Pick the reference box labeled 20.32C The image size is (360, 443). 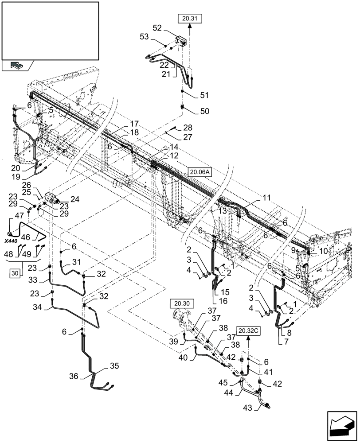click(x=248, y=330)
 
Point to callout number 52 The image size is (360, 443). click(x=157, y=27)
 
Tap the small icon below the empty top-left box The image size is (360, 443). click(x=16, y=65)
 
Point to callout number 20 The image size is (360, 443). click(x=15, y=168)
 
